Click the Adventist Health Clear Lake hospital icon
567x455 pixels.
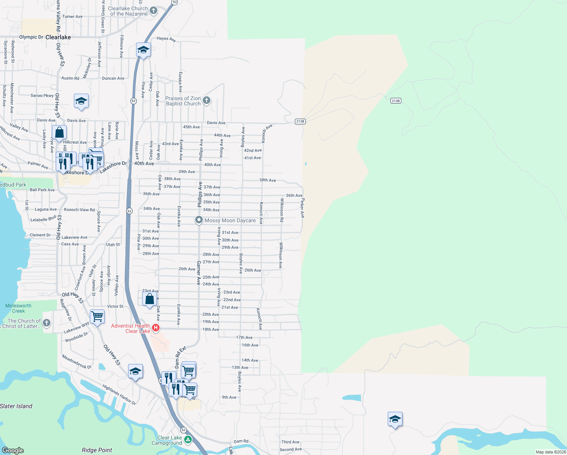click(x=155, y=328)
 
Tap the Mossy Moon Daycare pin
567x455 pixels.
click(x=199, y=220)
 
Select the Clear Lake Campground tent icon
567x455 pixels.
click(x=188, y=440)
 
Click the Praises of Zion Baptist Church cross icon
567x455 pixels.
click(x=207, y=100)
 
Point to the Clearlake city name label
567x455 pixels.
click(x=58, y=37)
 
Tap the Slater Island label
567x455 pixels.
click(x=16, y=406)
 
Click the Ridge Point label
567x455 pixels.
click(x=97, y=450)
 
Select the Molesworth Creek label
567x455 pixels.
click(x=18, y=308)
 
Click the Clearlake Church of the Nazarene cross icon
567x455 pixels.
click(x=153, y=11)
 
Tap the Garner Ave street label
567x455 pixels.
click(x=198, y=273)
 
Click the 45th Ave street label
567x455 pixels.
click(x=191, y=127)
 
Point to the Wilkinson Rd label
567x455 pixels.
click(x=282, y=210)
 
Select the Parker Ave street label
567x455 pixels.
click(x=302, y=208)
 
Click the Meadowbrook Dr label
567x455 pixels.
click(x=77, y=362)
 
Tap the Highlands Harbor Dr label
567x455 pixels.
click(x=119, y=394)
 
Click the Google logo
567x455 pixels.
click(x=13, y=450)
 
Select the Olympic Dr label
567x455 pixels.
click(x=31, y=37)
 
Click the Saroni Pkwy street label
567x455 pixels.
click(x=42, y=96)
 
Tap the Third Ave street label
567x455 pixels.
click(x=290, y=442)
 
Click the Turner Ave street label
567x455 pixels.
click(x=72, y=17)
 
